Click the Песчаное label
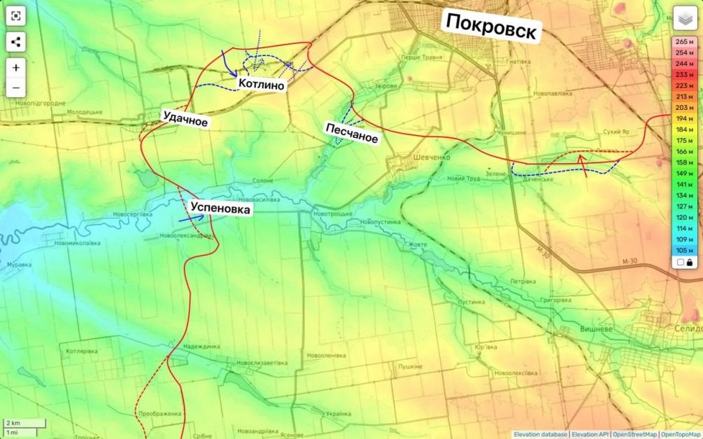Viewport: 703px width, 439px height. coord(351,133)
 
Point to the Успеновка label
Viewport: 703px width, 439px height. coord(220,209)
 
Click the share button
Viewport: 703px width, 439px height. coord(16,41)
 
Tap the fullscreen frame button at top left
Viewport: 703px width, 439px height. coord(16,15)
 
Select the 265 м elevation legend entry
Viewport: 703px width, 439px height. coord(684,41)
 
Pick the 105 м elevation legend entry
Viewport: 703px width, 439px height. coord(684,250)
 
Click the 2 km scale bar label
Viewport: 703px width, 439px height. coord(13,423)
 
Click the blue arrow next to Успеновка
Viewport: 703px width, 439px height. coord(191,218)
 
